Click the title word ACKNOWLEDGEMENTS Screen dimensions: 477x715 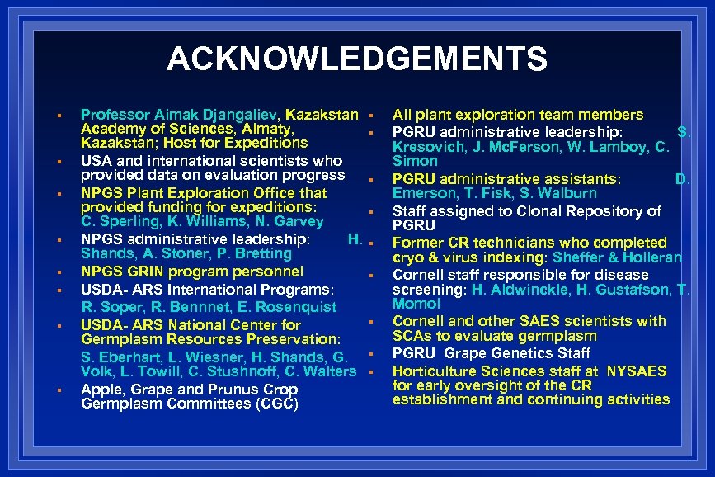356,59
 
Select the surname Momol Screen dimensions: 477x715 416,303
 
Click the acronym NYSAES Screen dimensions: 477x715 636,371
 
